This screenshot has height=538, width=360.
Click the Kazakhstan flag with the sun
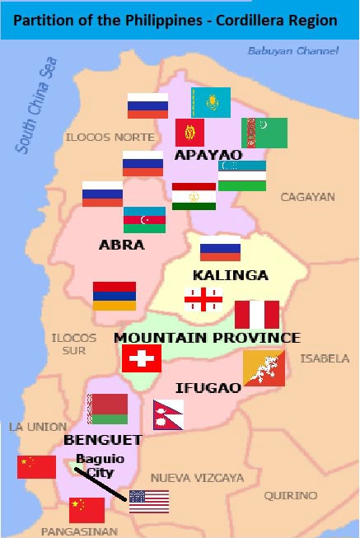click(x=211, y=102)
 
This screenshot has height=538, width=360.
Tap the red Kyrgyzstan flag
click(x=189, y=133)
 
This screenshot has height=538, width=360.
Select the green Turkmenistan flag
click(x=264, y=133)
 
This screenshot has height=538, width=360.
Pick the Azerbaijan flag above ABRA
click(x=144, y=220)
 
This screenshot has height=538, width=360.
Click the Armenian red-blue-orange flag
click(x=114, y=296)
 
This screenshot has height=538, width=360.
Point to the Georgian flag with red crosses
click(x=203, y=300)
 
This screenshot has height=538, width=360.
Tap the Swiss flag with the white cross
click(x=142, y=358)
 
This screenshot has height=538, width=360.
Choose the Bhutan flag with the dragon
click(x=264, y=368)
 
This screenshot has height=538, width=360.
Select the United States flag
click(x=149, y=501)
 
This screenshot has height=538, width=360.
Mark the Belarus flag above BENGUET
click(x=108, y=409)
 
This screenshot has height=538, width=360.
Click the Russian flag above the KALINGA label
click(x=220, y=248)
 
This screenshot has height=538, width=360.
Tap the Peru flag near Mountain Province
click(x=257, y=314)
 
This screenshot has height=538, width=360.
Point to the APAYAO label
click(x=208, y=155)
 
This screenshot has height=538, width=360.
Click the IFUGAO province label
click(x=208, y=387)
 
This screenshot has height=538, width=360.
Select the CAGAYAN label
click(x=307, y=197)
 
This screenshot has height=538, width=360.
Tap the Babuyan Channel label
click(x=292, y=51)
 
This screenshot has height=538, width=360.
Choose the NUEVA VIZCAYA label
click(x=197, y=478)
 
